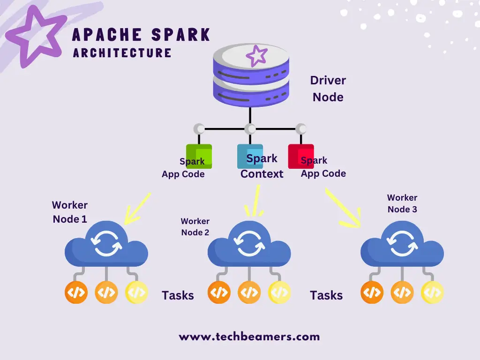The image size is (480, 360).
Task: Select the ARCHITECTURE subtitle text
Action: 122,52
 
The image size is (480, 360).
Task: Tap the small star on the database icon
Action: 256,57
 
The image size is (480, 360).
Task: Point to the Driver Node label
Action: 328,89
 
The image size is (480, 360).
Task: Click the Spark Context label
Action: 262,166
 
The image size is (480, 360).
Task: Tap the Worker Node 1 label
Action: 70,212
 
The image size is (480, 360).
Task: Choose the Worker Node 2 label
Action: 195,226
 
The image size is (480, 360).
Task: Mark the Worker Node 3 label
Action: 402,203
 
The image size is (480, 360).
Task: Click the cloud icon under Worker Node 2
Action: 249,246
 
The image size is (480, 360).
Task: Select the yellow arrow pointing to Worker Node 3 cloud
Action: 344,206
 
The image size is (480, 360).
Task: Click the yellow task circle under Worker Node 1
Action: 136,293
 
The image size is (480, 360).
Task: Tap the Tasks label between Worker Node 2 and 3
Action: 326,295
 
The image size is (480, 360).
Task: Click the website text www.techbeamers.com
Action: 249,336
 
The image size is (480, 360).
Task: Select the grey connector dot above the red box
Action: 301,128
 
